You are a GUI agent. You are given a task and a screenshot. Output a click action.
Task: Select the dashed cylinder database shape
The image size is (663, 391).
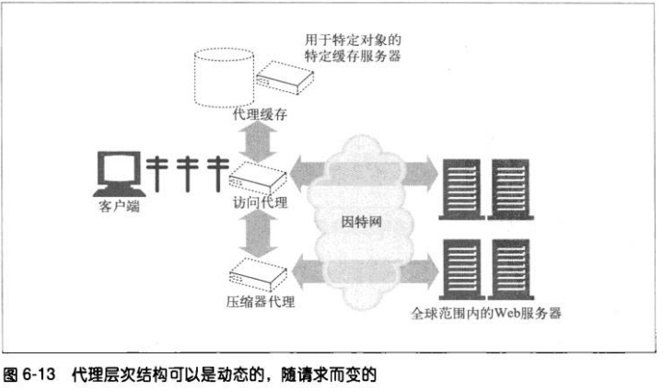click(220, 77)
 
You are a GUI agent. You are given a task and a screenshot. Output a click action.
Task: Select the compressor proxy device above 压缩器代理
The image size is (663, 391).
click(256, 269)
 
